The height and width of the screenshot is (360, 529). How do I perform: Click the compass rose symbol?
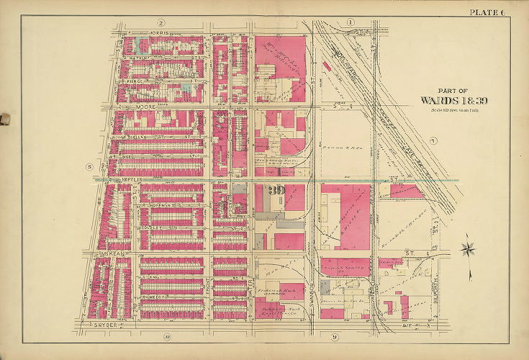click(x=469, y=250)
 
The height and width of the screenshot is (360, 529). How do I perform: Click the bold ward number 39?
click(x=276, y=191)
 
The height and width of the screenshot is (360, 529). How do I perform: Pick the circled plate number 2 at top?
click(x=163, y=23)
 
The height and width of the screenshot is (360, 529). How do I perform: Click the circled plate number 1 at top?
click(x=351, y=23)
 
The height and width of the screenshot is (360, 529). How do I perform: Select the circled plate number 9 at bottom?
click(x=335, y=337)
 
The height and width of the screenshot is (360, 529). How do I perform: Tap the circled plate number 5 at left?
click(x=89, y=167)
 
